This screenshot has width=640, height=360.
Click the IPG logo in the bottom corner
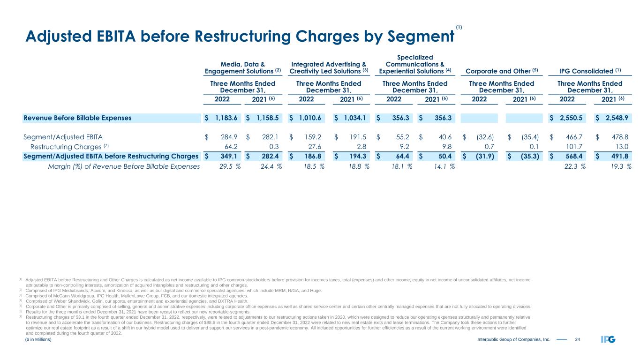click(608, 339)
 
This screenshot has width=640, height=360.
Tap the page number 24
click(577, 339)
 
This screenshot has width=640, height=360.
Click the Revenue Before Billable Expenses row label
click(77, 118)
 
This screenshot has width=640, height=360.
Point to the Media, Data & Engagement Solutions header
click(242, 67)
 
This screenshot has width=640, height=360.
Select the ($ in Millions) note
click(38, 339)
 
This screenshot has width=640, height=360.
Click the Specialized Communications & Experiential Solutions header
click(415, 64)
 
